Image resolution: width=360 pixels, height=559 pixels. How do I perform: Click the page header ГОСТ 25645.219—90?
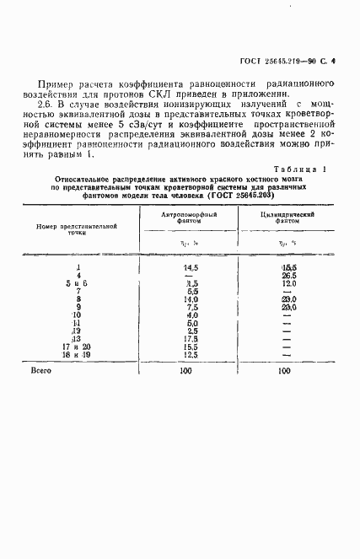point(281,61)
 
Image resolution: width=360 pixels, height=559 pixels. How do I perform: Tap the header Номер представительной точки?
point(77,229)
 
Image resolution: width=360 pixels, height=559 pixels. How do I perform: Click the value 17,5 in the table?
point(191,338)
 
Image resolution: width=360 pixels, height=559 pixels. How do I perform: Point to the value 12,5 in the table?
point(191,354)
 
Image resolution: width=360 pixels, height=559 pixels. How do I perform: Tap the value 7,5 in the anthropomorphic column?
point(191,306)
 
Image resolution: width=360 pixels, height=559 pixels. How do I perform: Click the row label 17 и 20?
point(78,347)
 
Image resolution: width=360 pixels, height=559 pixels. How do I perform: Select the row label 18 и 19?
point(78,354)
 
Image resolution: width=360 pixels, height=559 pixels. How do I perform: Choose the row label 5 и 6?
point(78,282)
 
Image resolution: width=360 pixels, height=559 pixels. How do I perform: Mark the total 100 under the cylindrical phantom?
point(284,370)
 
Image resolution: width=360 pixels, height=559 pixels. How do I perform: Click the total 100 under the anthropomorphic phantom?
point(191,370)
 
